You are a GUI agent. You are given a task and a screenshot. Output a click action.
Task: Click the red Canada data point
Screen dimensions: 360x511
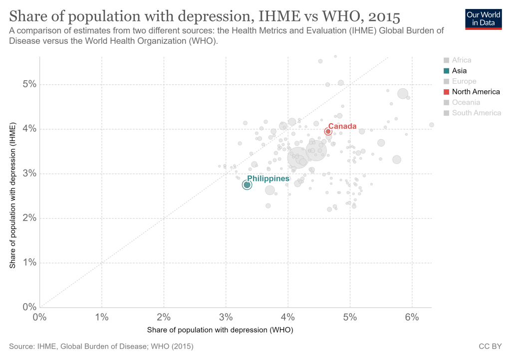(x=328, y=132)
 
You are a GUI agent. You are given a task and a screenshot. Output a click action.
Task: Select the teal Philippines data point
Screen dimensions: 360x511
(x=247, y=185)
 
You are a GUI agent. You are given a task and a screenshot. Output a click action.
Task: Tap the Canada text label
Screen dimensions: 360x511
(x=342, y=126)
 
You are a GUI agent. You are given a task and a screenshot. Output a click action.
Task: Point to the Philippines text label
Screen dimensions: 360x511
(x=268, y=178)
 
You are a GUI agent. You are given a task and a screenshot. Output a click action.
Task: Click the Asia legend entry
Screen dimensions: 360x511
(x=459, y=71)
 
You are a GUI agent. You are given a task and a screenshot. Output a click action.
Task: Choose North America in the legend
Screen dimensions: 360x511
(x=476, y=92)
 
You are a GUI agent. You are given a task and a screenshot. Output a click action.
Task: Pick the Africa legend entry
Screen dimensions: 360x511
(x=461, y=60)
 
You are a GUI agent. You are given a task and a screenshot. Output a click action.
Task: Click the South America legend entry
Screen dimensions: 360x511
(x=476, y=113)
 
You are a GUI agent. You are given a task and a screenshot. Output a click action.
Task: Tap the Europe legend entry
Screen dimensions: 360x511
(x=464, y=81)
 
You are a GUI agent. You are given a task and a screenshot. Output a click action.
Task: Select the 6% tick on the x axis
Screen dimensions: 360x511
(x=412, y=317)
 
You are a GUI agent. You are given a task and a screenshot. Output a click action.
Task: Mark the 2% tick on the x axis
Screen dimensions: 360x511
(x=164, y=317)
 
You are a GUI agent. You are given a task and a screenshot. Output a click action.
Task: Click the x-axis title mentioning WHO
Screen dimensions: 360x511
(x=220, y=330)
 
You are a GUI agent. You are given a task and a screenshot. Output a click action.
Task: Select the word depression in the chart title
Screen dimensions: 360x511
(x=205, y=16)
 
